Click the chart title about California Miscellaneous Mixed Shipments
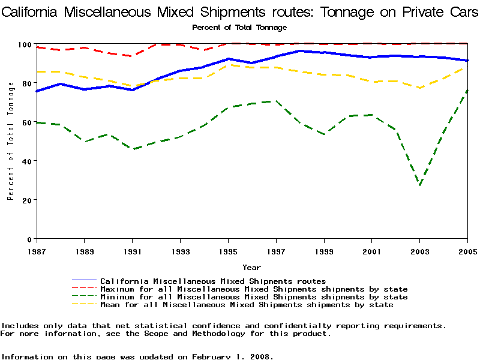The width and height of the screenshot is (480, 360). [x=240, y=11]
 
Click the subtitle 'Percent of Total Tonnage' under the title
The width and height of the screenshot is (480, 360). [x=239, y=28]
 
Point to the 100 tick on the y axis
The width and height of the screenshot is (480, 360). [x=25, y=44]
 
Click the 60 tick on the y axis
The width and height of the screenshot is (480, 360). [x=26, y=122]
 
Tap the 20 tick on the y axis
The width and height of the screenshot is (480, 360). [x=26, y=200]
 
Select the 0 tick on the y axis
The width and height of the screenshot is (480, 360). [x=29, y=239]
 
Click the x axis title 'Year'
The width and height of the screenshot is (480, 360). [x=251, y=267]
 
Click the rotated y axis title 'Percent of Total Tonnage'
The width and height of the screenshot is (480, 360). [x=11, y=141]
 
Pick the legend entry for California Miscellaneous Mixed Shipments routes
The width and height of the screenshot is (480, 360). [x=213, y=281]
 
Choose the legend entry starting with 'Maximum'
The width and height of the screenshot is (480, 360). [x=254, y=289]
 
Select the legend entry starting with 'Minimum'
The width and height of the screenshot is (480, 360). [x=254, y=297]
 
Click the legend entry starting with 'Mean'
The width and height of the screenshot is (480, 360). [x=247, y=305]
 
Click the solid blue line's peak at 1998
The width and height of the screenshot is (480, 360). [x=300, y=51]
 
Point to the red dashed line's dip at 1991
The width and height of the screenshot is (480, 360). [x=132, y=56]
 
